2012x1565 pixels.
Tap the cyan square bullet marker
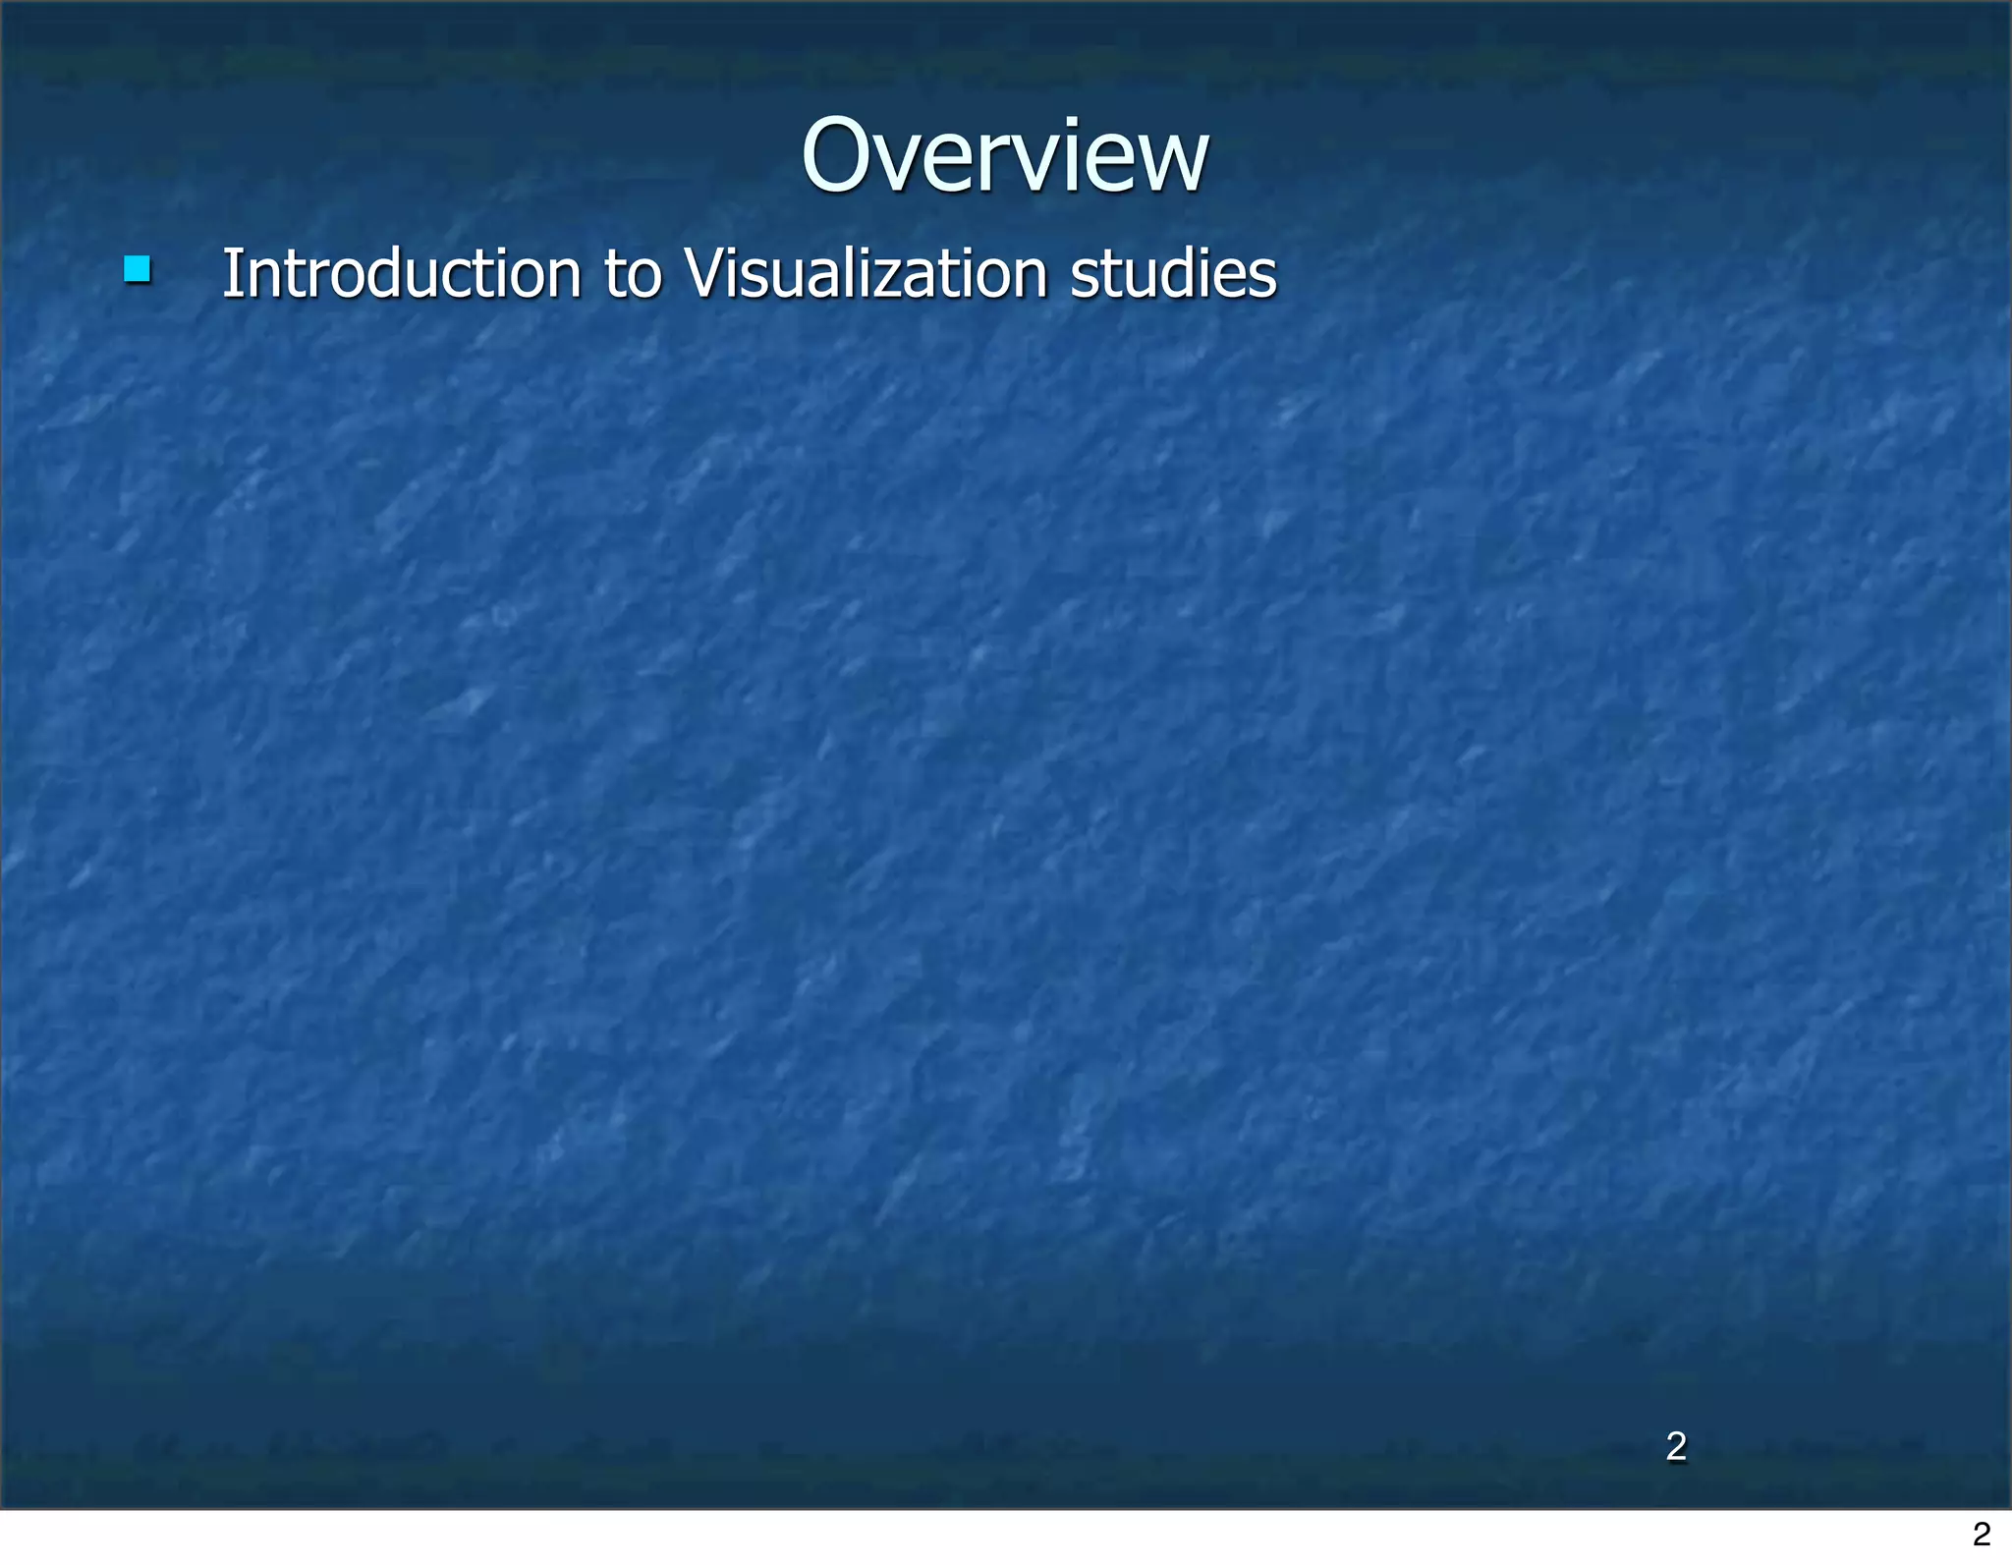(x=138, y=269)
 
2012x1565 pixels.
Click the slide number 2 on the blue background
(x=1676, y=1446)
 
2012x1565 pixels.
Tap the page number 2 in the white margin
(x=1982, y=1534)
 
